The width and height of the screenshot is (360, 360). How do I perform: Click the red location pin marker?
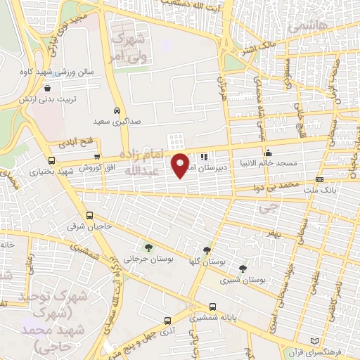click(x=181, y=165)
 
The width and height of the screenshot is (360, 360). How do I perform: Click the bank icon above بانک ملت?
click(x=320, y=180)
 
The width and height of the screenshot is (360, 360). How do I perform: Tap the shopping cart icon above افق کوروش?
click(x=97, y=157)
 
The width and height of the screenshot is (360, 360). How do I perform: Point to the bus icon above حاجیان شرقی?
click(x=89, y=216)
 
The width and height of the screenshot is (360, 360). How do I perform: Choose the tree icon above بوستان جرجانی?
click(x=148, y=247)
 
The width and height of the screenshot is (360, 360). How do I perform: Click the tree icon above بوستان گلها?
click(x=207, y=250)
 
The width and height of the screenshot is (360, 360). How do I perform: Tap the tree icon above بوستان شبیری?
click(x=243, y=268)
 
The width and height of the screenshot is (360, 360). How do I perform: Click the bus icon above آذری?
click(x=167, y=318)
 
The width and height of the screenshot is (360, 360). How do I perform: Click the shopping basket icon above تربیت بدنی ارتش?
click(x=47, y=89)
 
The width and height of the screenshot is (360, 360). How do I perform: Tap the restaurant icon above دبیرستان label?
click(x=203, y=157)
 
